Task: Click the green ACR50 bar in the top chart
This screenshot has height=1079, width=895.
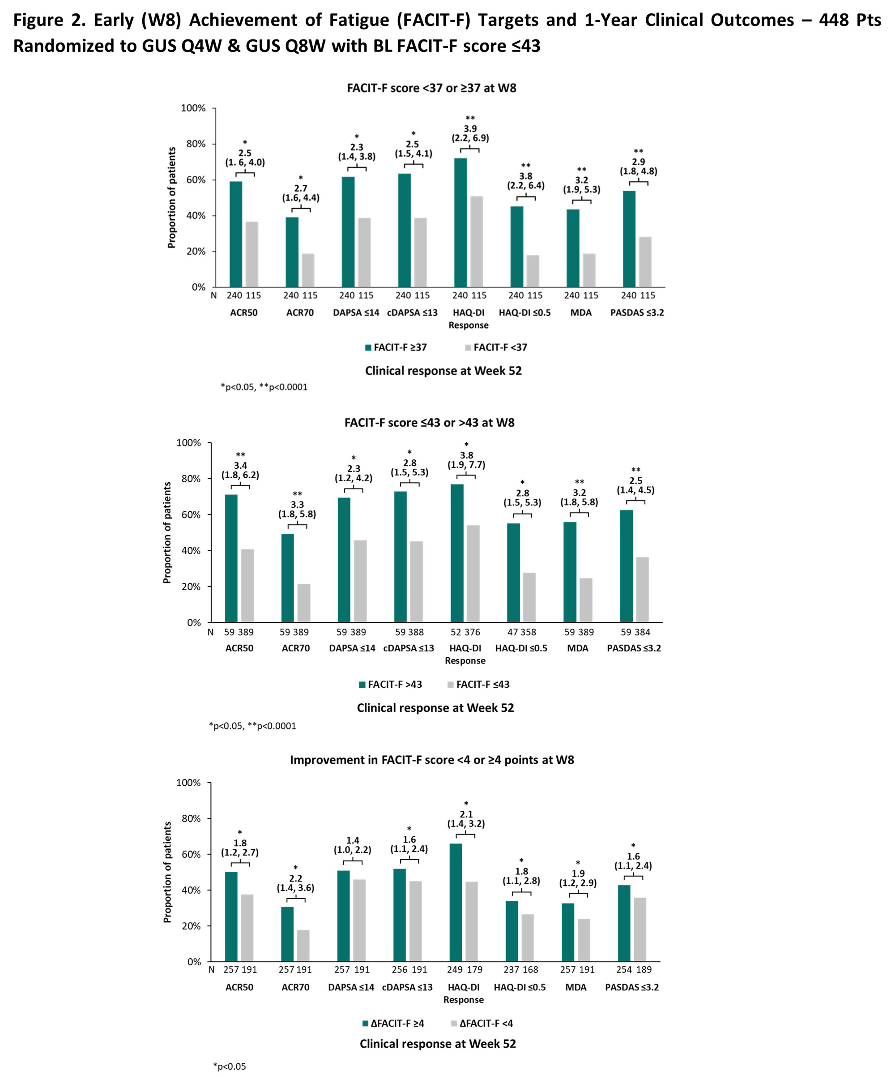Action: click(x=236, y=234)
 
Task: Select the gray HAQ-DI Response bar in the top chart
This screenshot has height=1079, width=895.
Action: click(x=477, y=241)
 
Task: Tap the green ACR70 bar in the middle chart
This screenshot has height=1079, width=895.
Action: click(x=288, y=578)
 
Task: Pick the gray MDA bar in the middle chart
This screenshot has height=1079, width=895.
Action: click(x=586, y=600)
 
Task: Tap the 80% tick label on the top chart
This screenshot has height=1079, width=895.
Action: click(x=196, y=144)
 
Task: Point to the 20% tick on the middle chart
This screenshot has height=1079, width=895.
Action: click(x=191, y=587)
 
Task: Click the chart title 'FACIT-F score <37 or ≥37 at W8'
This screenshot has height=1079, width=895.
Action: click(x=431, y=88)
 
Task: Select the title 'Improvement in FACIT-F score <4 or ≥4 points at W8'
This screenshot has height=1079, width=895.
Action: click(x=432, y=760)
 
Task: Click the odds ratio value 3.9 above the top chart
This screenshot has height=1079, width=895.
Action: click(x=470, y=128)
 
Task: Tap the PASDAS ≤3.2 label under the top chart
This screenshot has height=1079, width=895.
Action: click(x=637, y=313)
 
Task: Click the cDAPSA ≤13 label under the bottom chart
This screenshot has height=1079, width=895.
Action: click(x=407, y=987)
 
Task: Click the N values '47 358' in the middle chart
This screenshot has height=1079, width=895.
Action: click(x=522, y=632)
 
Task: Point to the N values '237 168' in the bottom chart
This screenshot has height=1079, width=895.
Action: click(x=521, y=970)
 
